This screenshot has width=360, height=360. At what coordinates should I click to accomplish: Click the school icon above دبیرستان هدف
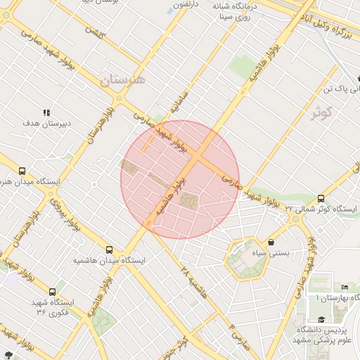pyautogui.click(x=47, y=112)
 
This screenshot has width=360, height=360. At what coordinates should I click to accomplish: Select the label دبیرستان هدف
pyautogui.click(x=47, y=123)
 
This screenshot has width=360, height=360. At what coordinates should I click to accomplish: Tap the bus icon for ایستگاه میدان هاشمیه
pyautogui.click(x=109, y=249)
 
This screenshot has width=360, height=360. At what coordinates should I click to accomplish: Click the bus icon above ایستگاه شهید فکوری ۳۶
pyautogui.click(x=52, y=291)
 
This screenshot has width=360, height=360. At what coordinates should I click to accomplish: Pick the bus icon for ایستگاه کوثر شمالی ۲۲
pyautogui.click(x=321, y=198)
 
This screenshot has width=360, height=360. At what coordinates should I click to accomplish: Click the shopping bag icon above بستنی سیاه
pyautogui.click(x=271, y=242)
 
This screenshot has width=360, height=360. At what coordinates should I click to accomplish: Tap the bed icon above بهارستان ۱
pyautogui.click(x=344, y=287)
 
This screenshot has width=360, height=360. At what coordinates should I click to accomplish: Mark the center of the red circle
pyautogui.click(x=180, y=179)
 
